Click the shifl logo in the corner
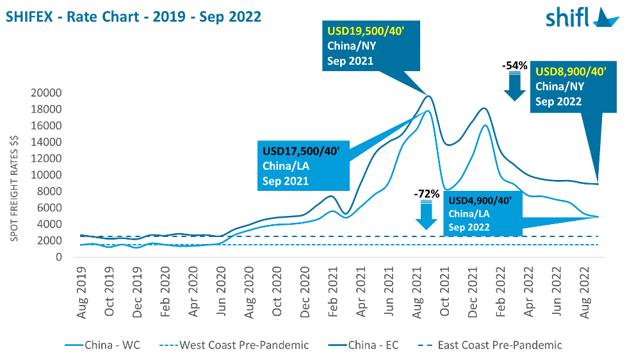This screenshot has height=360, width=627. [x=582, y=17]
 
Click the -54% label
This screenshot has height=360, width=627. [x=515, y=65]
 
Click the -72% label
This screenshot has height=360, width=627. [x=426, y=193]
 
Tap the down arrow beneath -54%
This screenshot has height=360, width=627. [x=515, y=86]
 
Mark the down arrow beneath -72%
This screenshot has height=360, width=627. [x=426, y=214]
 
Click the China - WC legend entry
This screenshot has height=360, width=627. [x=102, y=345]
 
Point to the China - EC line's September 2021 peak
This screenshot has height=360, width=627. [x=428, y=96]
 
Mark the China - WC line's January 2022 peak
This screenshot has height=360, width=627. [x=485, y=126]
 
